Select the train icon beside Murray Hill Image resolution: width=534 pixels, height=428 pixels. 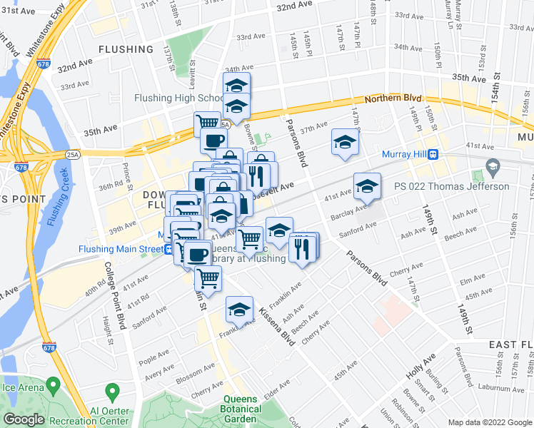[x=433, y=154]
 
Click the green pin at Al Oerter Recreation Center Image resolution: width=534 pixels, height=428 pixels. [x=111, y=391]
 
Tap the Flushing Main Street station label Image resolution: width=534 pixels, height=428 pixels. [x=116, y=249]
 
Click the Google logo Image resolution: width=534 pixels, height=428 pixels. [x=24, y=419]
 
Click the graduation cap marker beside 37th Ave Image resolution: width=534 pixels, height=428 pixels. [x=345, y=141]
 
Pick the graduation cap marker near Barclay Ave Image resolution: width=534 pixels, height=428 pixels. [x=367, y=187]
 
